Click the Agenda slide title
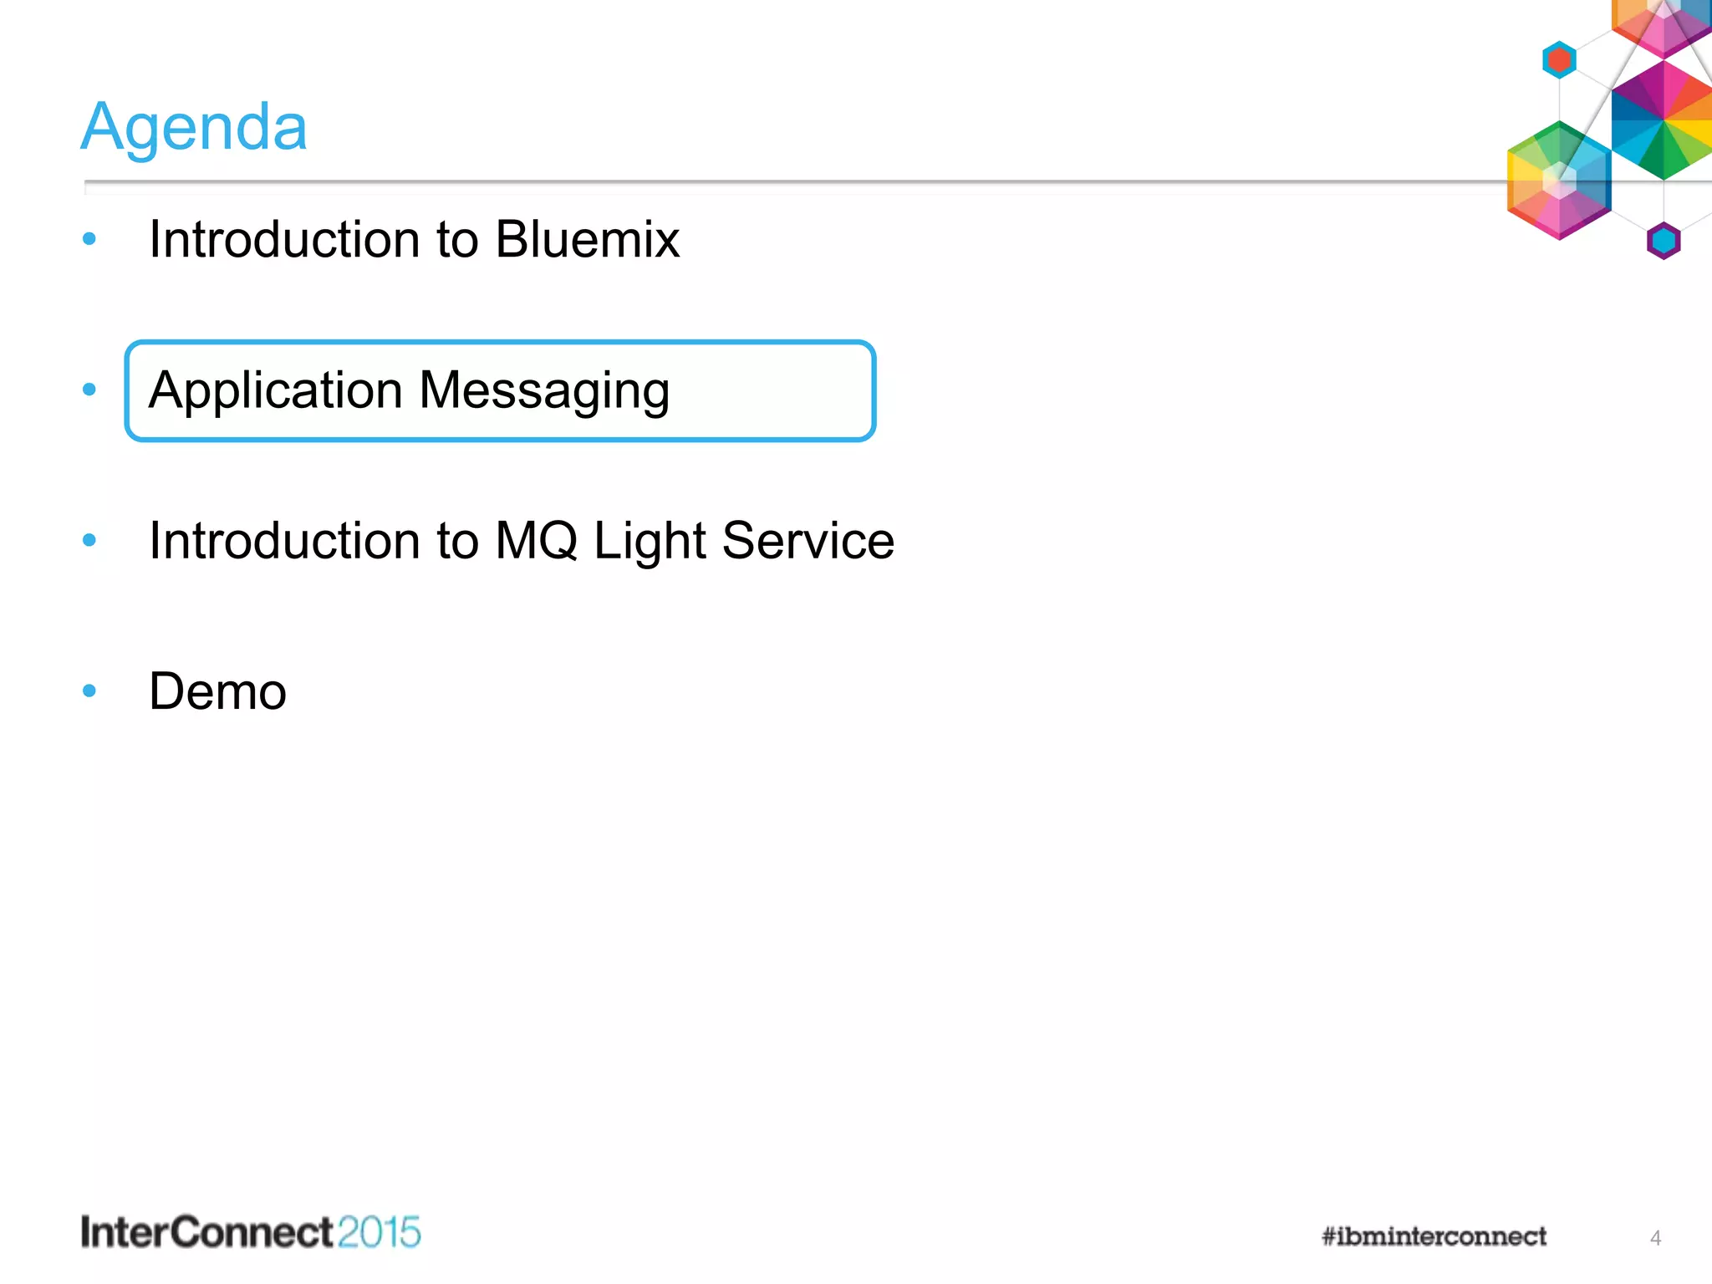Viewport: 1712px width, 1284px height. (x=194, y=127)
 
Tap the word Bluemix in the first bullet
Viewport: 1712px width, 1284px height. (x=587, y=240)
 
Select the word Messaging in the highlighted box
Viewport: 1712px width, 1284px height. (x=544, y=391)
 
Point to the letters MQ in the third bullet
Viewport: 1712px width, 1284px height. (x=536, y=541)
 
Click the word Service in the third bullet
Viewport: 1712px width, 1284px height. (x=808, y=541)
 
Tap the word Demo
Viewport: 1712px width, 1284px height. (x=217, y=692)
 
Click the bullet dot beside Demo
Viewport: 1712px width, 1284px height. (x=89, y=691)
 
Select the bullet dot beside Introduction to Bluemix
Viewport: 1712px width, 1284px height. (x=89, y=240)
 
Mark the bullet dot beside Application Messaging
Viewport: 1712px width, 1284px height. (x=89, y=390)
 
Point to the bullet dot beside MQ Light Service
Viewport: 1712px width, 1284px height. (x=89, y=540)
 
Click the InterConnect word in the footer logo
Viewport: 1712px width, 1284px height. (x=207, y=1233)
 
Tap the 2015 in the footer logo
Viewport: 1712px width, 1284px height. (x=380, y=1233)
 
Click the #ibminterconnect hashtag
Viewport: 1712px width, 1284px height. (x=1434, y=1236)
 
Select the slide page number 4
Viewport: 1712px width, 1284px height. (x=1655, y=1238)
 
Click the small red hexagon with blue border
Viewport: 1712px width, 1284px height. (x=1559, y=60)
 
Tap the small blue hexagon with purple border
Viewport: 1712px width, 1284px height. (x=1664, y=241)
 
